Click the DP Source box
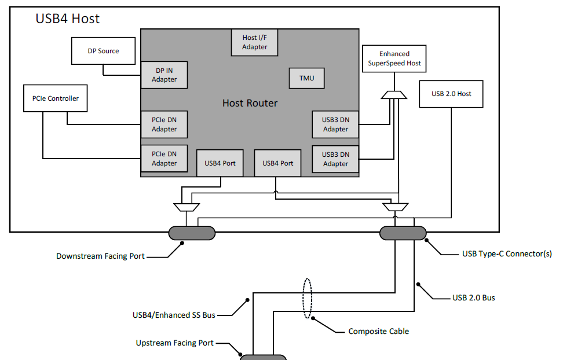pos(103,51)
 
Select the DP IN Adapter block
pos(164,75)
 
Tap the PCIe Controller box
pos(56,98)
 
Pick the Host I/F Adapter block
pos(255,42)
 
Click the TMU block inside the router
pos(306,78)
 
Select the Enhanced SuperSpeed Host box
pos(394,58)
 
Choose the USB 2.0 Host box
pos(452,94)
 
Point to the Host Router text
pos(250,104)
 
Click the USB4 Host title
pos(68,19)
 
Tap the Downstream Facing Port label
pos(100,256)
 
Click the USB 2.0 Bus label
pos(473,298)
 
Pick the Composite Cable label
pos(378,332)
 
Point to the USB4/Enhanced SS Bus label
pos(174,315)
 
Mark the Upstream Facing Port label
pos(174,343)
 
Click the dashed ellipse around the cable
pos(308,299)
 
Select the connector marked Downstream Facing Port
pos(192,233)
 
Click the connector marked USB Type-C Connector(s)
pos(403,233)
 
